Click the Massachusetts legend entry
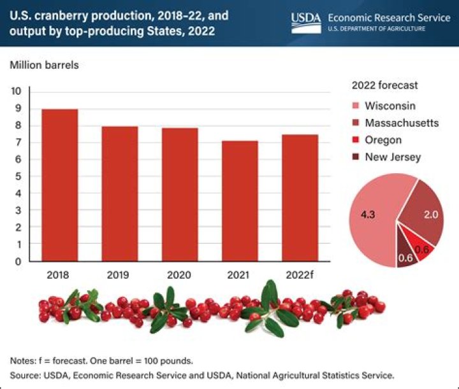tap(401, 122)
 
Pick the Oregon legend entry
tap(382, 139)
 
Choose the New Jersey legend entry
tap(392, 157)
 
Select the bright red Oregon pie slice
tap(423, 251)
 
